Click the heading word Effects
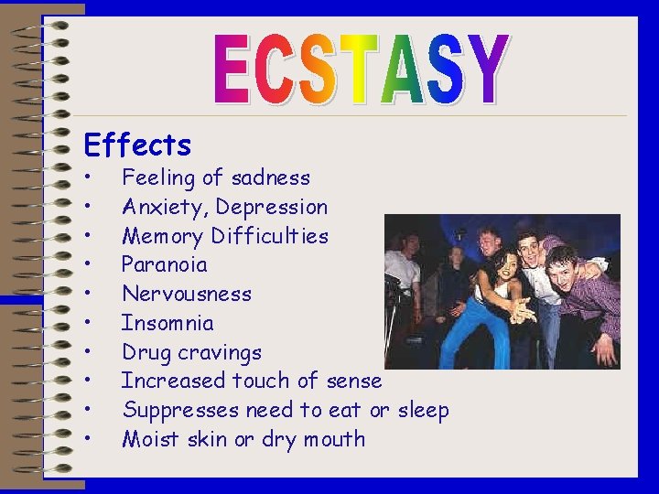[137, 145]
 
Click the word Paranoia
[165, 265]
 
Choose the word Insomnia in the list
[167, 323]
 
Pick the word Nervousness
[187, 294]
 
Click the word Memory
[163, 236]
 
